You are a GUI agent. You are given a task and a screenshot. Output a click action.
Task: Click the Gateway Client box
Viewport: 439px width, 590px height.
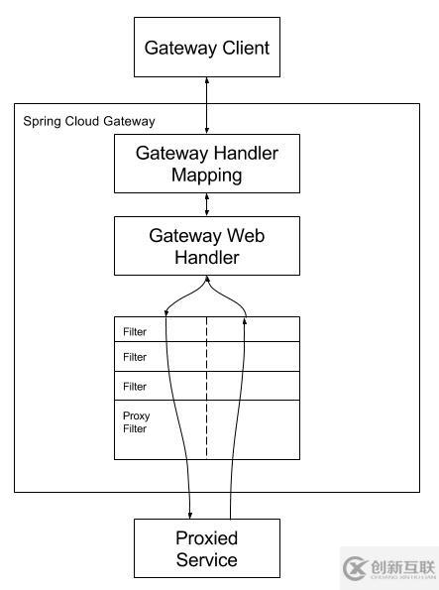(206, 48)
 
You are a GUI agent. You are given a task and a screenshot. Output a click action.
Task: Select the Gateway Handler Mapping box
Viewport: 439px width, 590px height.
(206, 164)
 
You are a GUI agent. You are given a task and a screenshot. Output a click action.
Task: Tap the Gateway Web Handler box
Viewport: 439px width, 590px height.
(206, 246)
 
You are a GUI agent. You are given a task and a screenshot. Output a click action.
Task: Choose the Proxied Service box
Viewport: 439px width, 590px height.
(206, 548)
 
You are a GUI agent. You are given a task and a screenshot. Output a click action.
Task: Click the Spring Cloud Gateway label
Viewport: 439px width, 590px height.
(88, 121)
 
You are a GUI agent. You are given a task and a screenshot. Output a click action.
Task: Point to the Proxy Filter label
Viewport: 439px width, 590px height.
(135, 422)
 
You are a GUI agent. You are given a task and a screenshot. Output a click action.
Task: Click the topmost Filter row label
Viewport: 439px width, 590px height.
(135, 330)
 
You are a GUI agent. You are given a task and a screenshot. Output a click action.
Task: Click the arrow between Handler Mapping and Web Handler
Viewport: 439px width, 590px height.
(206, 204)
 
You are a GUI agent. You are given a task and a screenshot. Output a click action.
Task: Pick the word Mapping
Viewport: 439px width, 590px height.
(206, 175)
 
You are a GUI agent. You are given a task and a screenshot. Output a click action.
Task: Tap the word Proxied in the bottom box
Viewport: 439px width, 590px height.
(206, 538)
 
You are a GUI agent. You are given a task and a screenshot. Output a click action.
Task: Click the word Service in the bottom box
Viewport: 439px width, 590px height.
(206, 560)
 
